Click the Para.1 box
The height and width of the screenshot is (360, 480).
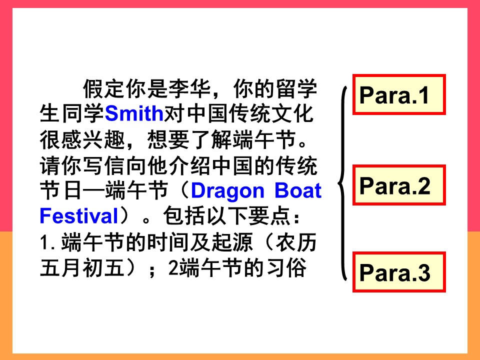click(x=399, y=94)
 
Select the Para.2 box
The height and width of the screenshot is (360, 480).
click(x=399, y=185)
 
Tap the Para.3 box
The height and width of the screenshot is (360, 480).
click(x=399, y=272)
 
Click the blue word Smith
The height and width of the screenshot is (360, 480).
click(x=134, y=113)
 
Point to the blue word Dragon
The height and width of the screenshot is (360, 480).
click(x=227, y=191)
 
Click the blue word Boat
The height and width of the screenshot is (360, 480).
click(x=298, y=190)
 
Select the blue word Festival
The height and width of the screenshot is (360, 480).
click(x=78, y=216)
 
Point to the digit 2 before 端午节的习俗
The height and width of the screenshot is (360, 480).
click(x=173, y=268)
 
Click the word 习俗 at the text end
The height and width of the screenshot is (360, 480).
click(x=286, y=268)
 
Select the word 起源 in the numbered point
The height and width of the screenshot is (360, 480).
click(x=232, y=242)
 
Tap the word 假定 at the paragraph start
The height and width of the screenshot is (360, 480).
click(x=104, y=89)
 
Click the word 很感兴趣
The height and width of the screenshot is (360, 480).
click(x=82, y=140)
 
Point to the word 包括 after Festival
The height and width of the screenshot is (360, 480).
click(x=184, y=216)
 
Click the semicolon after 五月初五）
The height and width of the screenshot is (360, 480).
click(x=151, y=270)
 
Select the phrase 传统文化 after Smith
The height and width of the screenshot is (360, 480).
click(x=272, y=113)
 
